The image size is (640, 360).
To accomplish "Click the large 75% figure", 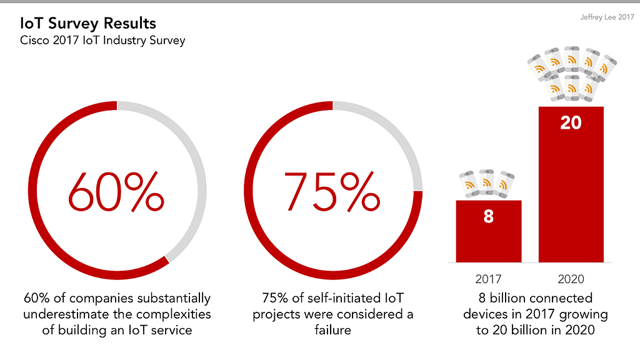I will (x=332, y=191).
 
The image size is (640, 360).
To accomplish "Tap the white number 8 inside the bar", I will (x=489, y=217).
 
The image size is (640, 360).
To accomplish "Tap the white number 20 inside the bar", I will (x=571, y=123).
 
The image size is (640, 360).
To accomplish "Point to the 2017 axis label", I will (x=488, y=279).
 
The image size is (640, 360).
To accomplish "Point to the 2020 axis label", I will (x=571, y=279).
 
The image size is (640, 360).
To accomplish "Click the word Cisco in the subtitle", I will (x=36, y=41).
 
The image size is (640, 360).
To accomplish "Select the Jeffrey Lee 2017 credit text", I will (x=607, y=18).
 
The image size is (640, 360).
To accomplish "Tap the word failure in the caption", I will (x=332, y=329).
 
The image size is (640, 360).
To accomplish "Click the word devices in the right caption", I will (x=486, y=314).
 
